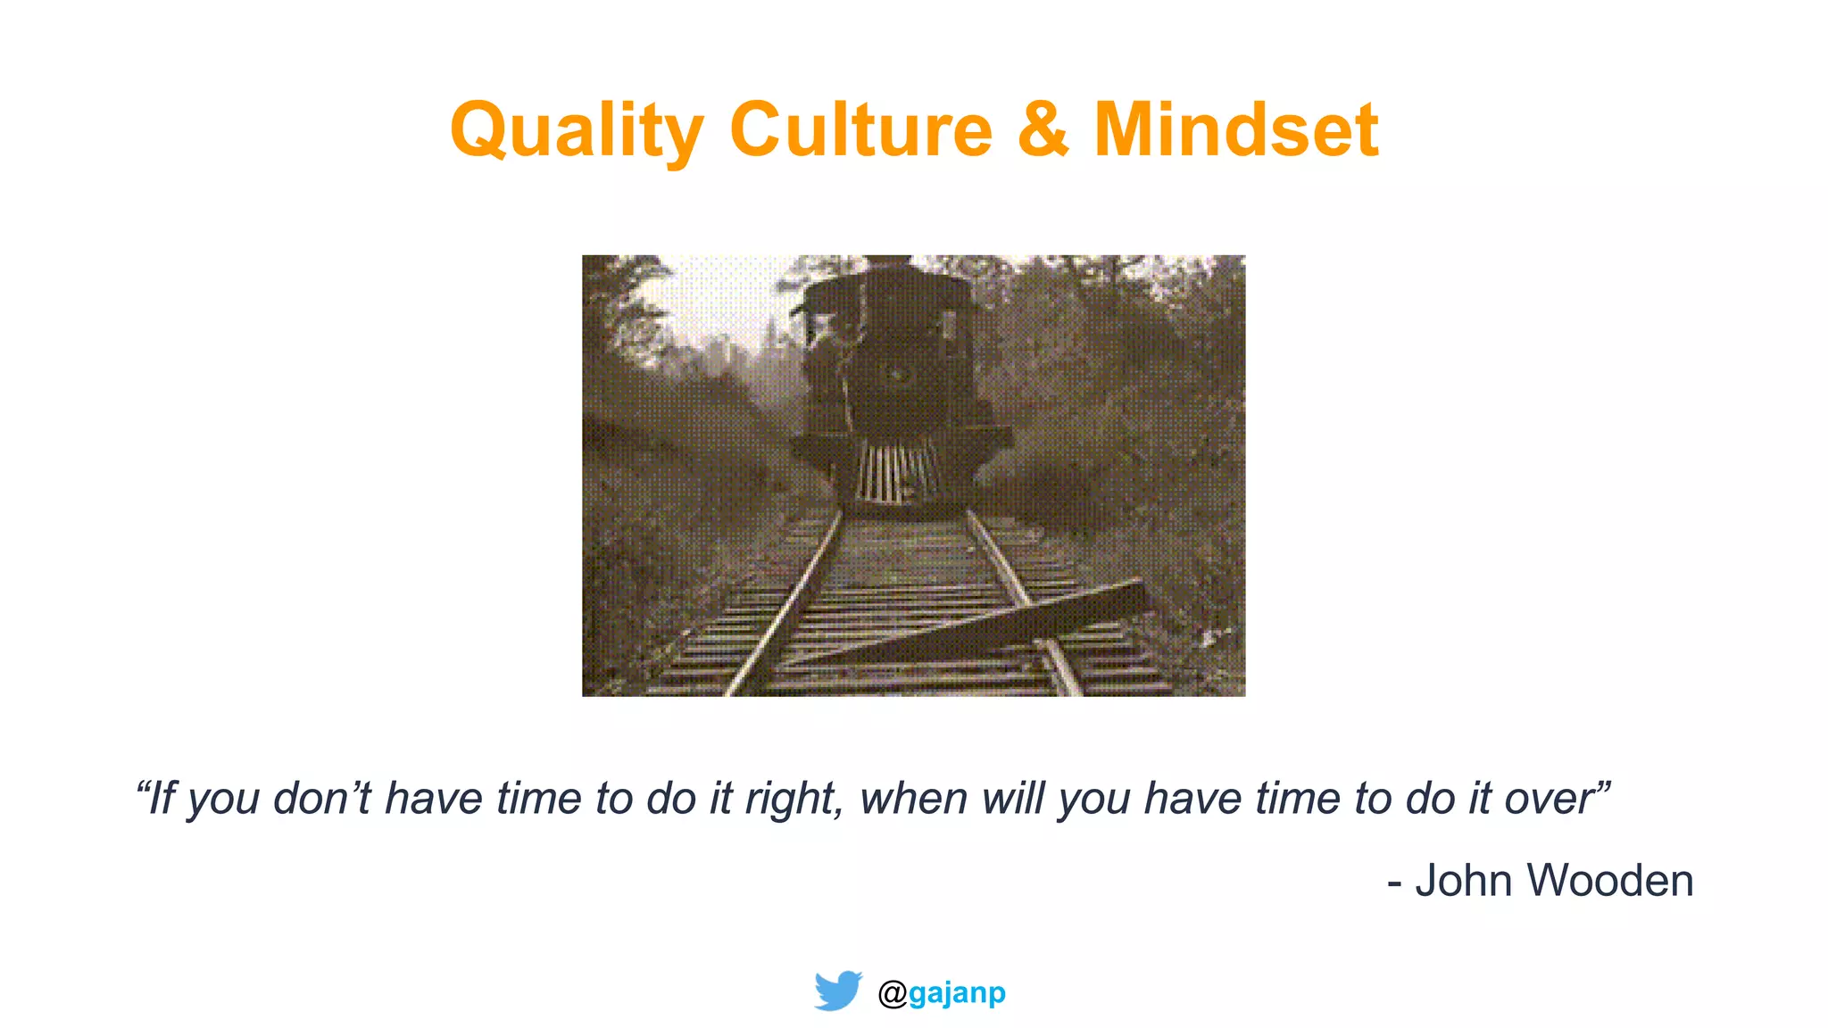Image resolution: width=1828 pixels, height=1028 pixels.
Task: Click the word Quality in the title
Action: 577,131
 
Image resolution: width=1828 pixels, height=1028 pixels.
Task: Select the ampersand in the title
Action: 1043,129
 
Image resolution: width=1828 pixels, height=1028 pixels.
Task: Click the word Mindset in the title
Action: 1236,129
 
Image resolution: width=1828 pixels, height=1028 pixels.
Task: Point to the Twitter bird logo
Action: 837,991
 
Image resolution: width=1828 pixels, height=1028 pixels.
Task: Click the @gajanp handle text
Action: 943,992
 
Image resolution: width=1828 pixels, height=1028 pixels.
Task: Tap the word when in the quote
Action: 913,799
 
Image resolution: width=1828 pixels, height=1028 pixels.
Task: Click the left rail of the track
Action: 785,607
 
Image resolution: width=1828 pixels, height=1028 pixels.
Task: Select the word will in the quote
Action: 1012,799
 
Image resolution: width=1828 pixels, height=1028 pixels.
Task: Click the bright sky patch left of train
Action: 714,303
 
